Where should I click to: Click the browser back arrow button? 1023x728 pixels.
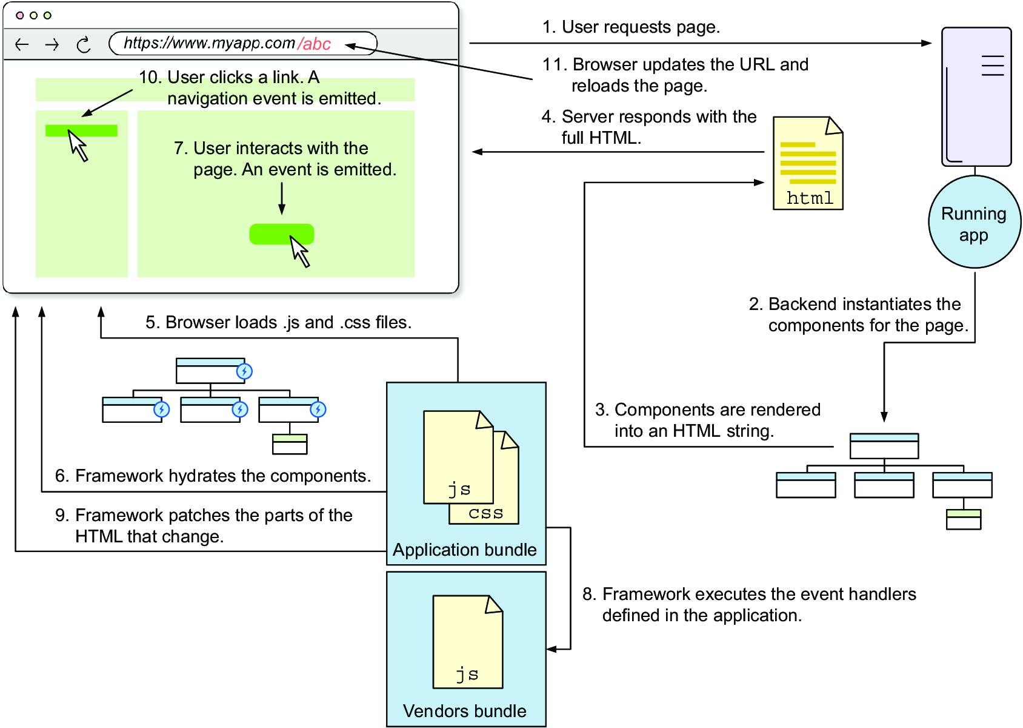[x=21, y=44]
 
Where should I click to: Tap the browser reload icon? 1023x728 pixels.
[x=84, y=45]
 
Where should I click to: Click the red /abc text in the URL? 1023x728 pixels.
[x=314, y=44]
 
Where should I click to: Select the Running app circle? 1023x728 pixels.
[x=974, y=222]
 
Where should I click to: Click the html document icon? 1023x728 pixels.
[x=808, y=163]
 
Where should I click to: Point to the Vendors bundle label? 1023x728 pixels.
[x=464, y=711]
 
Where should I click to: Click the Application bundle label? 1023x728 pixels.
[x=464, y=550]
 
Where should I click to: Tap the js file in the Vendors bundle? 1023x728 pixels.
[x=468, y=642]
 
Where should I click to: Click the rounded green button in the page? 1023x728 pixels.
[x=282, y=234]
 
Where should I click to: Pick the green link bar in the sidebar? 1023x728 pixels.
[x=81, y=131]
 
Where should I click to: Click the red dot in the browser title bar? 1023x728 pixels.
[x=19, y=16]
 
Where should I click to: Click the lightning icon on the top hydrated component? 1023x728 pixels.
[x=244, y=371]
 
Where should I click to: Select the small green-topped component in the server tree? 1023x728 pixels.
[x=964, y=519]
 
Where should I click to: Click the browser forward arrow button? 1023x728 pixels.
[x=52, y=44]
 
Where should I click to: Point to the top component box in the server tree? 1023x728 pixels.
[x=884, y=446]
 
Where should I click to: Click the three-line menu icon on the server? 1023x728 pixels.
[x=993, y=66]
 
